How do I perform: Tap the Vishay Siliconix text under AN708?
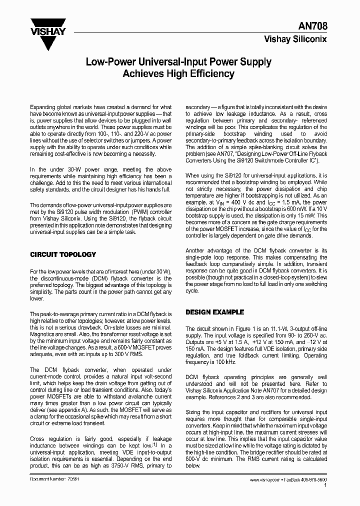click(x=295, y=39)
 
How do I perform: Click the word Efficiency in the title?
click(x=209, y=74)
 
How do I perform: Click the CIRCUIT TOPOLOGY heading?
click(x=63, y=254)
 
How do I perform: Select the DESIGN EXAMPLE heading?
click(x=215, y=311)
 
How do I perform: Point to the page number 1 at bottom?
click(x=325, y=485)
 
